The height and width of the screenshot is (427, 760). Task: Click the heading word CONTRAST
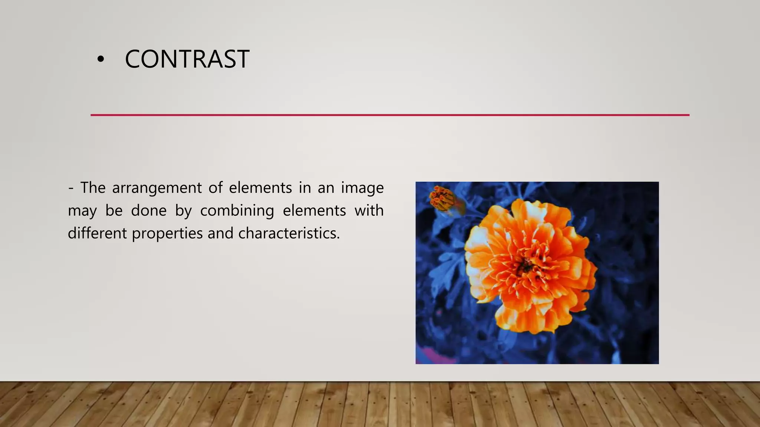(187, 59)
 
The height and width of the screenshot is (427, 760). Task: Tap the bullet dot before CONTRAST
(100, 60)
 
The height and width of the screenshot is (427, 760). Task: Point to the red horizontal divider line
(390, 115)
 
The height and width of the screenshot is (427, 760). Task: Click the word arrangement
(157, 188)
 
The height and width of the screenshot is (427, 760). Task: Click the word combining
(237, 211)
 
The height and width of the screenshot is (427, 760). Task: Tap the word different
(97, 233)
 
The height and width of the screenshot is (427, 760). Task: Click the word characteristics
(289, 233)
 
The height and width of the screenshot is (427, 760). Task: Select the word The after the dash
(93, 188)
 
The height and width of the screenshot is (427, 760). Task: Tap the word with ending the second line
(369, 211)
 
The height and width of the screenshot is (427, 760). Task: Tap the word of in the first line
(215, 188)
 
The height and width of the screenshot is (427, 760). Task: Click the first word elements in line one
(260, 188)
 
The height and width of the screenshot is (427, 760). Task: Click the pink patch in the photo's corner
(427, 356)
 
